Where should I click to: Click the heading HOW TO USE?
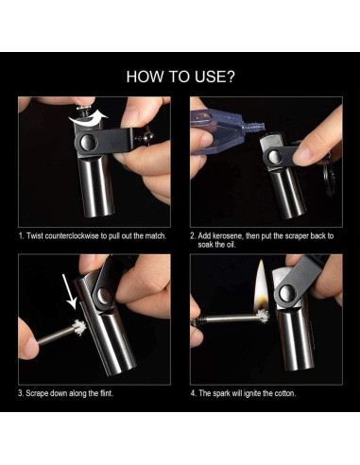pyautogui.click(x=180, y=77)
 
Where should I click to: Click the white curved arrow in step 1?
pyautogui.click(x=87, y=118)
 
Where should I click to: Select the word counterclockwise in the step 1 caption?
pyautogui.click(x=72, y=236)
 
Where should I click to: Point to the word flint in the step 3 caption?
pyautogui.click(x=106, y=393)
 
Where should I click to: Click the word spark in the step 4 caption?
pyautogui.click(x=222, y=393)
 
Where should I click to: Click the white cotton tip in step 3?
pyautogui.click(x=78, y=328)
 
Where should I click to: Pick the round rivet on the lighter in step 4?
pyautogui.click(x=285, y=293)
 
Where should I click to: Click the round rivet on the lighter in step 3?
pyautogui.click(x=104, y=296)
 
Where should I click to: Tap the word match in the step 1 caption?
pyautogui.click(x=155, y=236)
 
